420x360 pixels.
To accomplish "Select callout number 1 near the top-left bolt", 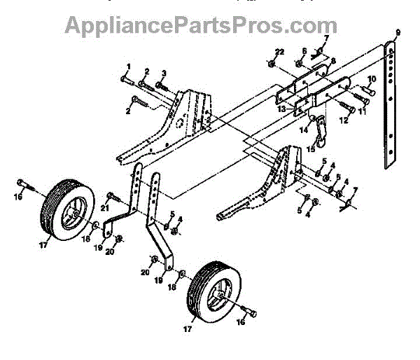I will (128, 67).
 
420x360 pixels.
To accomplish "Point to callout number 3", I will (163, 74).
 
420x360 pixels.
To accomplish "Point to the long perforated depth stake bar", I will (388, 105).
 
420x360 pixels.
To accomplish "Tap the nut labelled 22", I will (270, 64).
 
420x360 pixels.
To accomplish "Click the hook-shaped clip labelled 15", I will (320, 130).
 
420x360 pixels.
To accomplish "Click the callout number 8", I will (332, 61).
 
